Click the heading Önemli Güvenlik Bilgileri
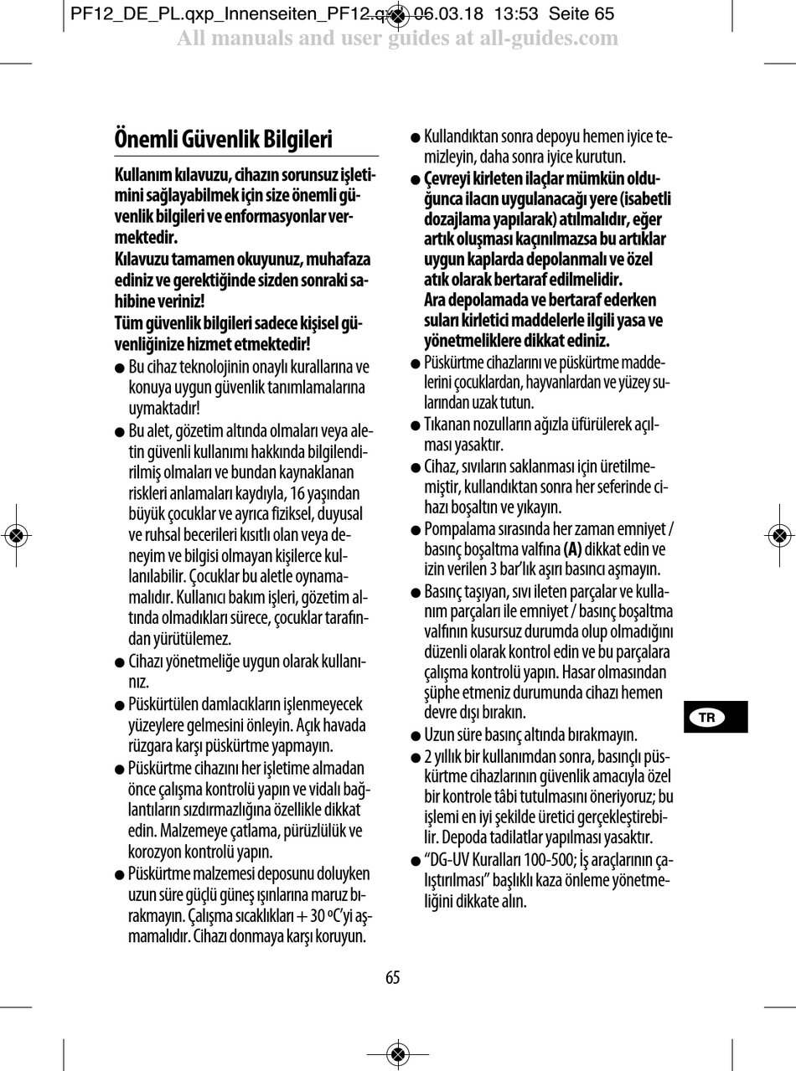point(224,139)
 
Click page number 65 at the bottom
point(393,977)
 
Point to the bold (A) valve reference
point(573,549)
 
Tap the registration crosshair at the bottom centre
point(398,1053)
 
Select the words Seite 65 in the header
point(581,14)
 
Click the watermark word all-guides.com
point(545,39)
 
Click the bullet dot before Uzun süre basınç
point(416,737)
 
